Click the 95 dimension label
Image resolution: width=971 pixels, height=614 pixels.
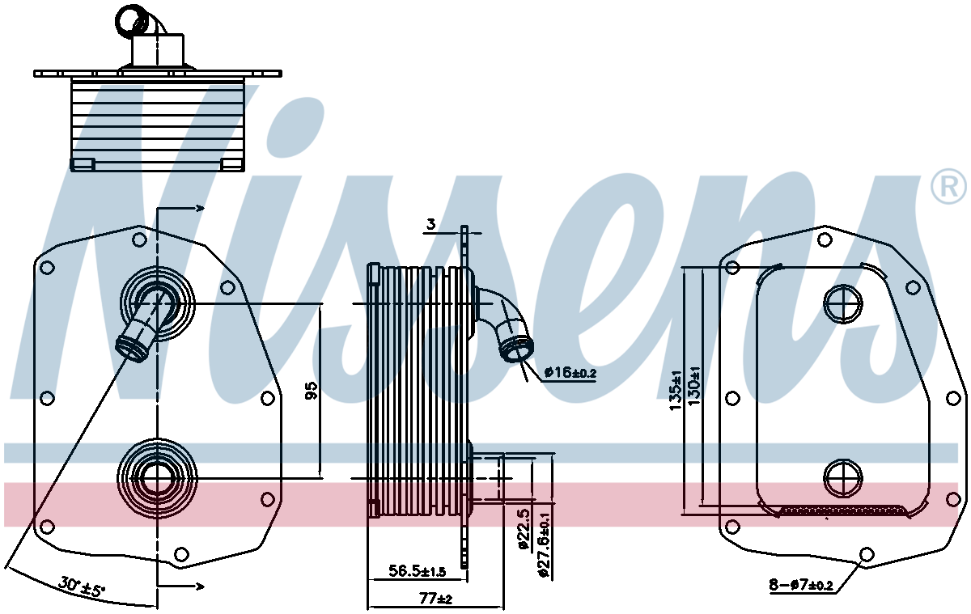pos(312,390)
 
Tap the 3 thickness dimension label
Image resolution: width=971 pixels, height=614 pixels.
pos(430,224)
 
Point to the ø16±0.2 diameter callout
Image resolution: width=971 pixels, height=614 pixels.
pos(570,373)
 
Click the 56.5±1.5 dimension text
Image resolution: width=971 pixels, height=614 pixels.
pos(417,570)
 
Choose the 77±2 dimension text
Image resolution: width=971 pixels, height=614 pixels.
pos(435,599)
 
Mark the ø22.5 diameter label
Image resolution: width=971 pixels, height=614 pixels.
pos(524,530)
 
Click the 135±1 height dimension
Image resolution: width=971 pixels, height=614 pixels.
pos(676,391)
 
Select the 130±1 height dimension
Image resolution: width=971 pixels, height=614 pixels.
pos(694,386)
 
